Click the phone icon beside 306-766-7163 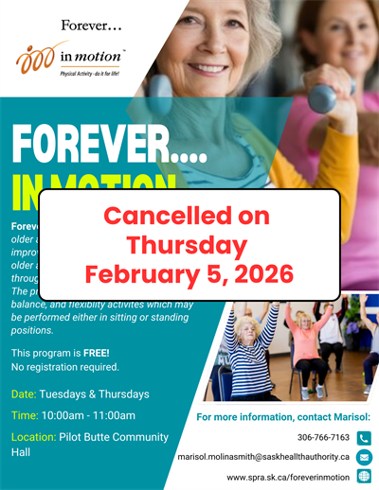point(365,438)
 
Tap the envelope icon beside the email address point(365,456)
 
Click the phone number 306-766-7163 point(324,438)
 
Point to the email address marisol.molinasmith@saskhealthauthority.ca point(264,456)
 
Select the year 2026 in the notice point(262,274)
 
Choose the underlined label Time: point(26,415)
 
